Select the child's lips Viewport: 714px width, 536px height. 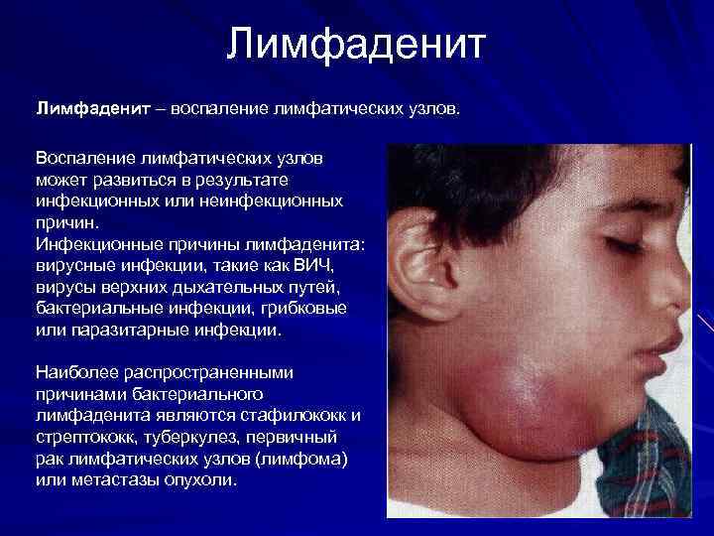coord(662,352)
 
